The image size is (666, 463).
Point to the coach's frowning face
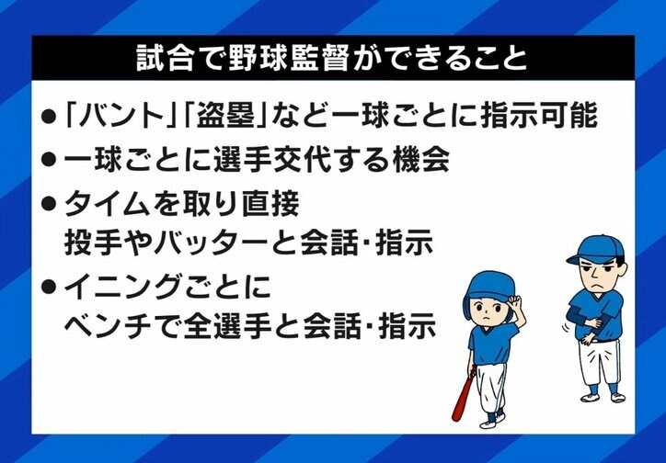[598, 275]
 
